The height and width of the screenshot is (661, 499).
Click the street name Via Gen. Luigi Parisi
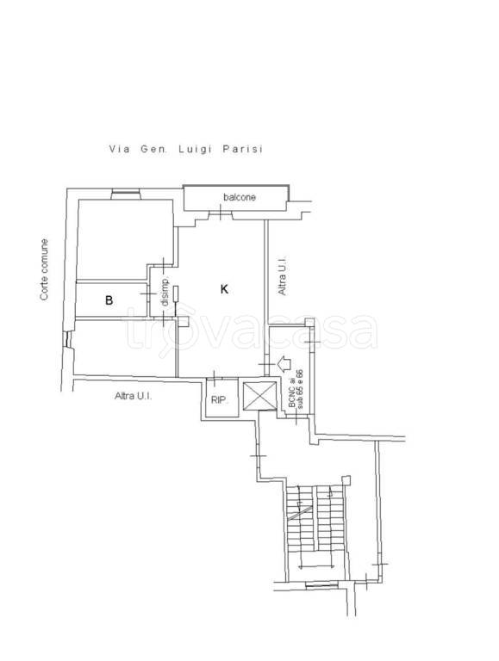(186, 149)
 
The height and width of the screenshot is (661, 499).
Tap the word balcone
(240, 197)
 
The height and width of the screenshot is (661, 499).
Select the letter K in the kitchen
(225, 289)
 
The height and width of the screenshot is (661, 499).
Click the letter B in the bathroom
(109, 300)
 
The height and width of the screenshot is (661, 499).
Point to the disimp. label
(165, 291)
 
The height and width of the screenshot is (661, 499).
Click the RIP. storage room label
(220, 400)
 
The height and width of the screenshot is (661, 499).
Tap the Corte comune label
(44, 269)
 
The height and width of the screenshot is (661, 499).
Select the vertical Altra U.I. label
(282, 275)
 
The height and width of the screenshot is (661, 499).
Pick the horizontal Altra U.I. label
(134, 396)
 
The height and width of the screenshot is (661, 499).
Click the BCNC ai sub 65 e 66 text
(296, 389)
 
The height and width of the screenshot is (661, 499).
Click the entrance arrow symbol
(284, 363)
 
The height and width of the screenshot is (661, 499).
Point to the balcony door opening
(221, 214)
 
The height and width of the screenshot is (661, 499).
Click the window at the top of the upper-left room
(126, 195)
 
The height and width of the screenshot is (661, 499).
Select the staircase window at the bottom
(321, 584)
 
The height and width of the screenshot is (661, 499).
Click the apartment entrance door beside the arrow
(267, 364)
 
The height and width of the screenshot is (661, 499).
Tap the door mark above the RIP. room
(215, 378)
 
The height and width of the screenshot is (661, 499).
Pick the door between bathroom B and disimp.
(147, 293)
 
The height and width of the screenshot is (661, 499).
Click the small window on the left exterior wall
(66, 339)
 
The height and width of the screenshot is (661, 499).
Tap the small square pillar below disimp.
(183, 321)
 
